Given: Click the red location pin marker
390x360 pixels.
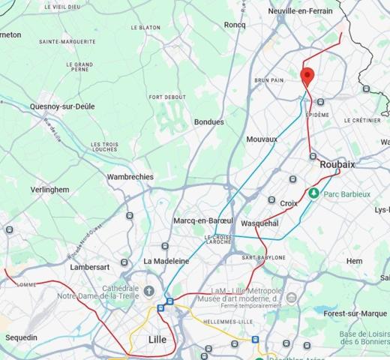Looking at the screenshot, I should coord(307,76).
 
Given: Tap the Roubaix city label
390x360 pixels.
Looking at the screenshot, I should coord(337,164).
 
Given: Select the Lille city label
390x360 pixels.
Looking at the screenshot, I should coord(157,340).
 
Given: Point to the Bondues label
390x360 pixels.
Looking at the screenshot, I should coord(209,121).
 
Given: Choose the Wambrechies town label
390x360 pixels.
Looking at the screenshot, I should coord(130,177).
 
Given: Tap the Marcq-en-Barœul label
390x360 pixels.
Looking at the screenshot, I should coord(203,221).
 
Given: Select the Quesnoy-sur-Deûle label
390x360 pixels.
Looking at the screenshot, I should coord(62,106).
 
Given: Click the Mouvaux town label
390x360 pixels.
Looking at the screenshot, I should coord(262,139).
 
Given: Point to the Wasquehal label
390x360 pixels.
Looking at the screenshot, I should coord(260,223).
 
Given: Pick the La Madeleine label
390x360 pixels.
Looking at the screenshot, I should coord(166,261).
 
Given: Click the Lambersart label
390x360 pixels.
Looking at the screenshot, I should coord(89,267).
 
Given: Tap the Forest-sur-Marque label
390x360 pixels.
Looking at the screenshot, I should coord(355,313).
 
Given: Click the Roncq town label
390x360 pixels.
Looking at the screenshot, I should coord(235,24).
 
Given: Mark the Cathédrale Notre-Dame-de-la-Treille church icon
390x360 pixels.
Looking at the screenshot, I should coord(149,290).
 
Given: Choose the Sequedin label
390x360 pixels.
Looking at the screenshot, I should coord(21,337).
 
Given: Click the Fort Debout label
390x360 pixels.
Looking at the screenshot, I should coord(167,97).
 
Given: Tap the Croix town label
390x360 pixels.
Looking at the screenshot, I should coord(289,203).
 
